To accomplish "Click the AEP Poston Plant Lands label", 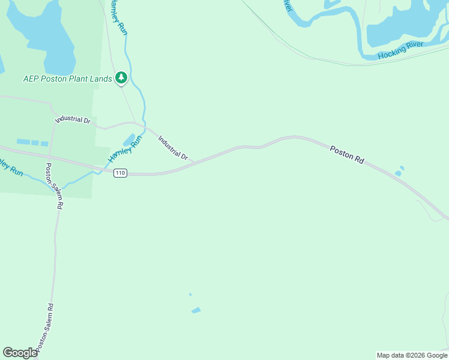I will [67, 78].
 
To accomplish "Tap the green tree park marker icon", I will [121, 77].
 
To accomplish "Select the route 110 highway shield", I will [121, 172].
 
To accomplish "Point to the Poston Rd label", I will [347, 154].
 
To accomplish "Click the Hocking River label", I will [400, 50].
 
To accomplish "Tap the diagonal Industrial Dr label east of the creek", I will [173, 148].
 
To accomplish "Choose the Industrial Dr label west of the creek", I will [72, 119].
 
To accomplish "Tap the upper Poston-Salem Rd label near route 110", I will [55, 186].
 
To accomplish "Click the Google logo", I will [20, 353].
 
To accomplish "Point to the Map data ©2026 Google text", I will [412, 355].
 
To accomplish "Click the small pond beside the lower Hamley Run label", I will [128, 140].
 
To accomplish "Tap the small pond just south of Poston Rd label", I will [398, 173].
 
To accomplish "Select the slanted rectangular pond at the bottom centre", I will [196, 310].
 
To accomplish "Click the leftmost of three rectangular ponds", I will [23, 142].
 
